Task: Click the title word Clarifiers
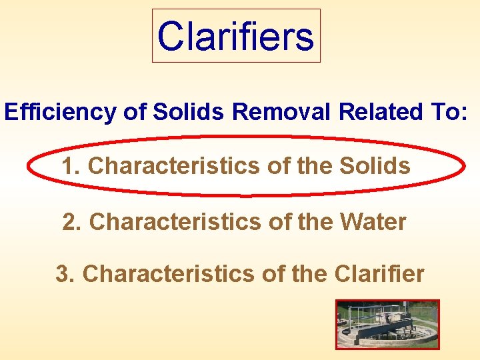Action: tap(236, 36)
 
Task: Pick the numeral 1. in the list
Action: tap(71, 166)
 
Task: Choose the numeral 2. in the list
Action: tap(72, 222)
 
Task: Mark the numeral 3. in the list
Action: tap(65, 273)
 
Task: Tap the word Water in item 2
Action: tap(373, 222)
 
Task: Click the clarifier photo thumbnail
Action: tap(387, 323)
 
